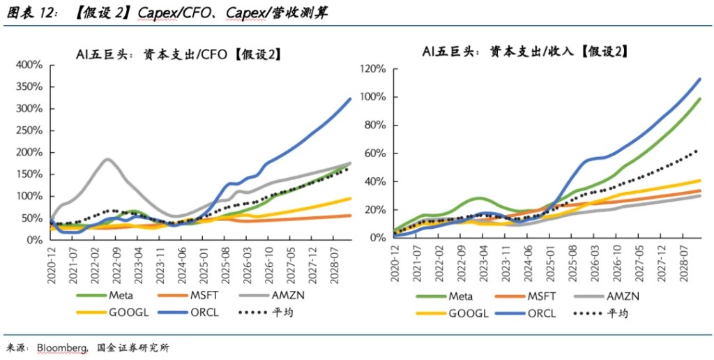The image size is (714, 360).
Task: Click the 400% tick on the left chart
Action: point(31,65)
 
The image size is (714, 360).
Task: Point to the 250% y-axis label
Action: point(31,130)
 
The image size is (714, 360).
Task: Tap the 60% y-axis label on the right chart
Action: point(375,153)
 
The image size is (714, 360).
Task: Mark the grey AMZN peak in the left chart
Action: point(107,159)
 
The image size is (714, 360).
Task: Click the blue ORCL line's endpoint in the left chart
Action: point(350,98)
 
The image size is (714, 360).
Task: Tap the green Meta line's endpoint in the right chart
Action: point(700,99)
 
